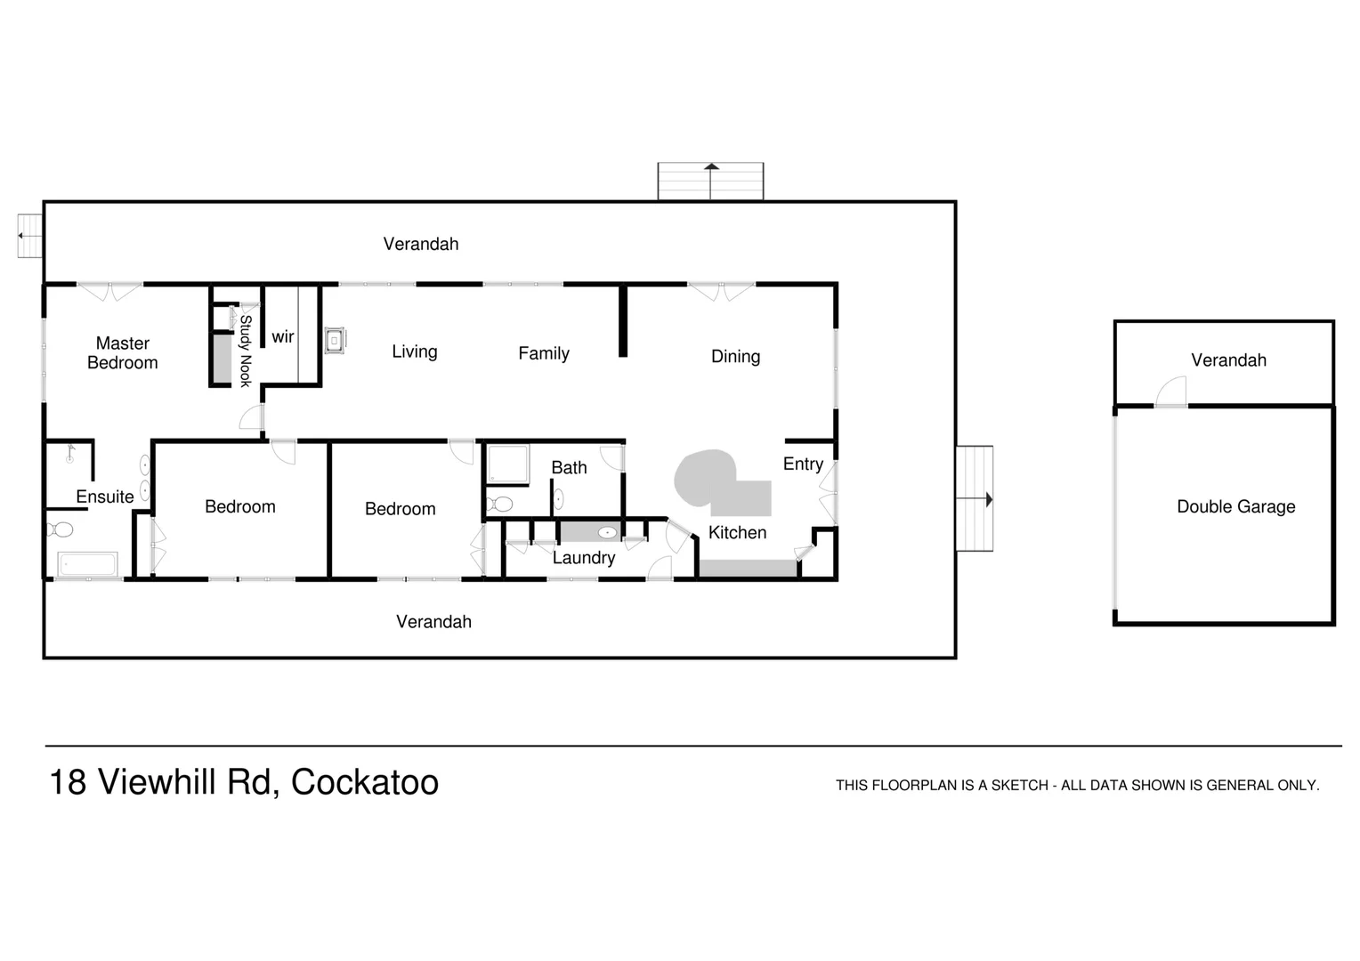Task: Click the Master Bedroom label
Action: (x=123, y=353)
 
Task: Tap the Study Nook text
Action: (x=246, y=351)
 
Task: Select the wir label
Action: (x=283, y=337)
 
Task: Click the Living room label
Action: (x=415, y=351)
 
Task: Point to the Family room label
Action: (x=544, y=353)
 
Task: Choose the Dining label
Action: (x=735, y=357)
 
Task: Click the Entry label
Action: (x=803, y=464)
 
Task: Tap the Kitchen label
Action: (x=737, y=533)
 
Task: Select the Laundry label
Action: (x=584, y=558)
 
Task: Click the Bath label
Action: (x=569, y=468)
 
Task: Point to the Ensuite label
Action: (x=105, y=497)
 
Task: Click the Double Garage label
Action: (x=1235, y=507)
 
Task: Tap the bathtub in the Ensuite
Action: (x=87, y=564)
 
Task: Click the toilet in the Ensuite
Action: (x=61, y=530)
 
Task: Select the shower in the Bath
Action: (x=507, y=464)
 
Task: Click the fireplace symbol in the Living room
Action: (x=335, y=340)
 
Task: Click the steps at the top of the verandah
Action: (x=710, y=182)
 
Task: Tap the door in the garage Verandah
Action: (x=1172, y=392)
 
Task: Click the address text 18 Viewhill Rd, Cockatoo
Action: (x=244, y=783)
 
